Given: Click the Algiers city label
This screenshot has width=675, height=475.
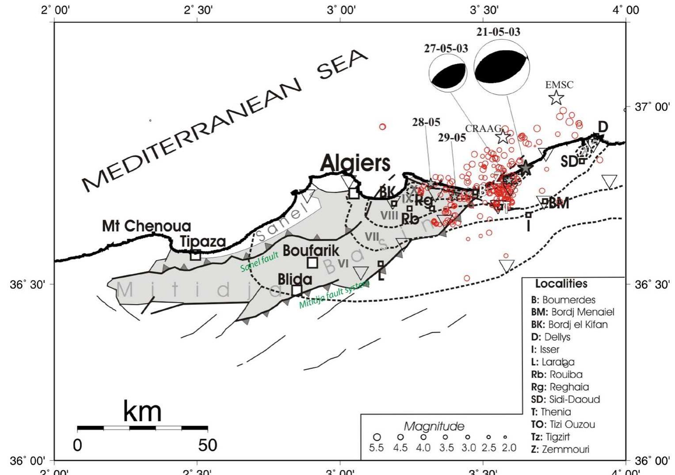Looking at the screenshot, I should (355, 163).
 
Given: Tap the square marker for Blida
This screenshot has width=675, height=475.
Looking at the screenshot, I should (297, 291).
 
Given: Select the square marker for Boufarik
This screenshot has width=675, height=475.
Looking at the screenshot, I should (313, 263).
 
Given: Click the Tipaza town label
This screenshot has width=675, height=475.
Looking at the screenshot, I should (203, 242).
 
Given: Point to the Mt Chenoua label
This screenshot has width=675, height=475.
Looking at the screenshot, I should (146, 226).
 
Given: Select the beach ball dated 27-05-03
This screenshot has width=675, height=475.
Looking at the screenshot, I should (448, 74).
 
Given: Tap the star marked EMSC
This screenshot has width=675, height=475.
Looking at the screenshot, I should (557, 98).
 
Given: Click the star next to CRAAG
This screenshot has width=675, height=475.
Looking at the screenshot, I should (503, 137).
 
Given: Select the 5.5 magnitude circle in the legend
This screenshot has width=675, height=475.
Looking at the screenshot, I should (377, 437).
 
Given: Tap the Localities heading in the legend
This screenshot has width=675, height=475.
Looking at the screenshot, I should (561, 283).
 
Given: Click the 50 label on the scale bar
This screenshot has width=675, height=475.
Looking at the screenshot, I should (208, 444).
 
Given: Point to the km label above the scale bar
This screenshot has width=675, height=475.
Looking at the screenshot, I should (142, 411).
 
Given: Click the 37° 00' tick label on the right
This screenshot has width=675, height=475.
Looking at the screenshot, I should (652, 107).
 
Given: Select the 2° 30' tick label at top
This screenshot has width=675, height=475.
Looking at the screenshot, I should (198, 10).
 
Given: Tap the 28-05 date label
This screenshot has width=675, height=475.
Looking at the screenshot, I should (426, 122).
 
